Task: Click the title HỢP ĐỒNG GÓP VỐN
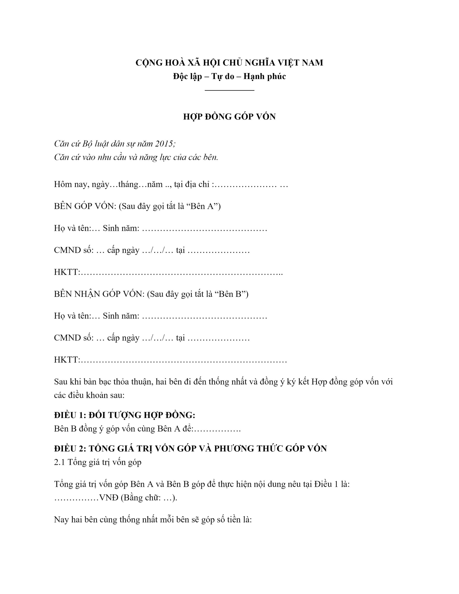tap(229, 117)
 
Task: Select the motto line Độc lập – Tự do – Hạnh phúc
tap(229, 76)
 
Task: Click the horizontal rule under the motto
tap(229, 90)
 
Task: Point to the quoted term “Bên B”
tap(230, 294)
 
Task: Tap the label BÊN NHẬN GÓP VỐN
tap(99, 294)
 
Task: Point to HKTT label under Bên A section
tap(66, 272)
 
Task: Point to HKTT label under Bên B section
tap(66, 360)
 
